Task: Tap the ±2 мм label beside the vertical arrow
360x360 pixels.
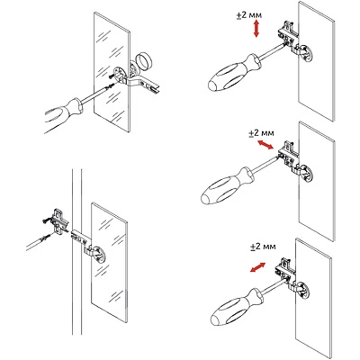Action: pyautogui.click(x=249, y=15)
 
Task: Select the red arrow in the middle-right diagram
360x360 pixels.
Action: pyautogui.click(x=265, y=145)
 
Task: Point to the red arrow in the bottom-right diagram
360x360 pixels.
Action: pyautogui.click(x=258, y=267)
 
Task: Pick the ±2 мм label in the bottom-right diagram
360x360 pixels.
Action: pyautogui.click(x=263, y=247)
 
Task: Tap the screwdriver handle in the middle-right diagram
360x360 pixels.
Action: pyautogui.click(x=226, y=186)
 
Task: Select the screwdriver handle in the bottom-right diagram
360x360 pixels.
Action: pyautogui.click(x=235, y=307)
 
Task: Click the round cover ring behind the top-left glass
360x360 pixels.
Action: pyautogui.click(x=143, y=61)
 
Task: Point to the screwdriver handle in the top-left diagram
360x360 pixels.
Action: pyautogui.click(x=64, y=114)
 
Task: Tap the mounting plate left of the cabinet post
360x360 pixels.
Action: pyautogui.click(x=60, y=222)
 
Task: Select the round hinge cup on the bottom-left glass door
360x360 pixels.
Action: pyautogui.click(x=97, y=255)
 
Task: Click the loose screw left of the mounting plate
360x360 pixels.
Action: pyautogui.click(x=46, y=221)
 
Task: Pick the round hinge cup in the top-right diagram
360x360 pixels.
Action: pyautogui.click(x=305, y=53)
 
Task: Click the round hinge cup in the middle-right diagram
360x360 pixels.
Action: pyautogui.click(x=305, y=174)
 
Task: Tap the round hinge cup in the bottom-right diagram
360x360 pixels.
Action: pyautogui.click(x=302, y=290)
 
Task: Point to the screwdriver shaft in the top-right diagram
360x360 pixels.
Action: pyautogui.click(x=271, y=50)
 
